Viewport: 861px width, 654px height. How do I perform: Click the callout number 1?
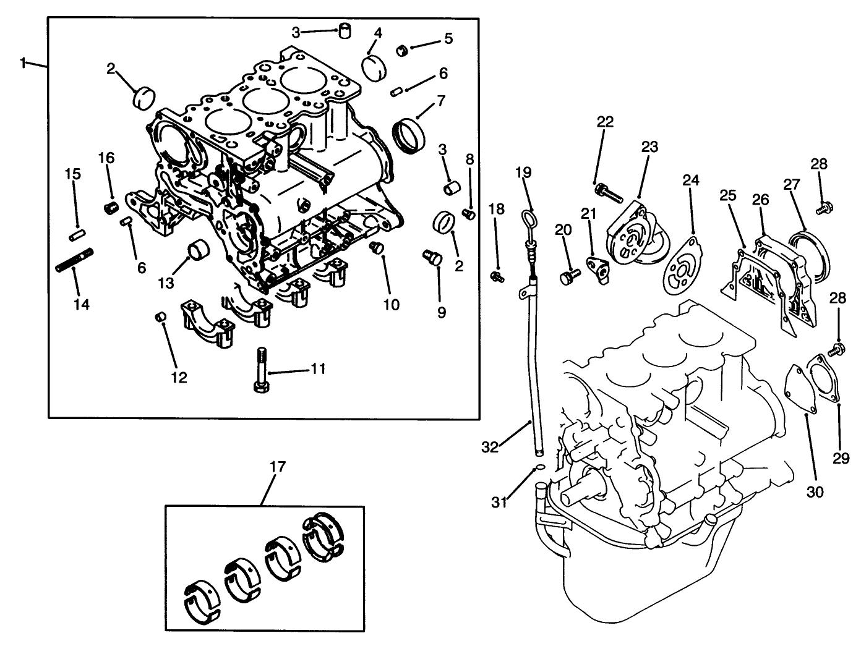23,62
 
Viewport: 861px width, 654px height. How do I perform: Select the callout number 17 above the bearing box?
278,466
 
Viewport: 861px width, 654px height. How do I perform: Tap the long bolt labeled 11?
261,370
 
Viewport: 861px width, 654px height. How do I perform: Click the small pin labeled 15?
76,235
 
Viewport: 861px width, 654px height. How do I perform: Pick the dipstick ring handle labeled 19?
528,221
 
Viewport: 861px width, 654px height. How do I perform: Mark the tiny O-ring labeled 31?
539,468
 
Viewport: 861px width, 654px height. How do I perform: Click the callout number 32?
490,446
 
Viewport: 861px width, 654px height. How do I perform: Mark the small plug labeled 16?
111,206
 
